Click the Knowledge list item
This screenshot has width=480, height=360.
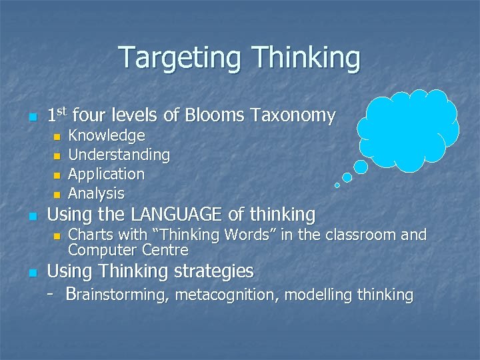coord(107,136)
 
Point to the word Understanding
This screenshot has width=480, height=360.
coord(119,155)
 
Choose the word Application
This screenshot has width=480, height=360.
coord(107,174)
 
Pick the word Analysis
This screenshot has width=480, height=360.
coord(97,193)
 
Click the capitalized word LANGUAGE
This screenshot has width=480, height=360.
coord(176,215)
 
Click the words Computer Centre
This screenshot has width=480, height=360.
coord(128,251)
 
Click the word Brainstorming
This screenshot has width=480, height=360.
coord(117,295)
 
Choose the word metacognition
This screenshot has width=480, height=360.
coord(227,295)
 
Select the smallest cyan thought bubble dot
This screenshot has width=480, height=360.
coord(337,185)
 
